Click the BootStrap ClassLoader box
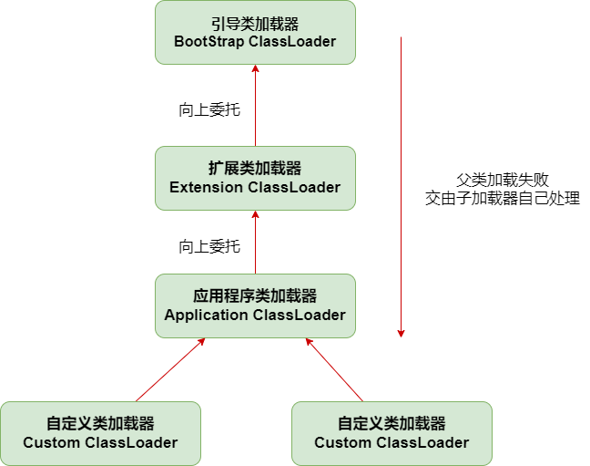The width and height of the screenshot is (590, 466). (x=255, y=32)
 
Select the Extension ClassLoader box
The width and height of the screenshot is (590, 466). (x=255, y=178)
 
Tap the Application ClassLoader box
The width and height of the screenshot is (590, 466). (x=255, y=305)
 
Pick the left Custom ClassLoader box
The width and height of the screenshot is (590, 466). (x=100, y=433)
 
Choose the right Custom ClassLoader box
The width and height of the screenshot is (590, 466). (x=392, y=433)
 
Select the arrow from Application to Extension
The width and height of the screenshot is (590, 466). (x=255, y=242)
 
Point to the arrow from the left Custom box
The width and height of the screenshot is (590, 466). (x=170, y=369)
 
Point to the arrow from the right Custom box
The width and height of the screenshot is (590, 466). (x=334, y=369)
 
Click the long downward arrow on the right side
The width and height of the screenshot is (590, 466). (x=402, y=182)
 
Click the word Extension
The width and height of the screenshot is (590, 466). (x=206, y=187)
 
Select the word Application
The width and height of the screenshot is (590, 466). (x=206, y=315)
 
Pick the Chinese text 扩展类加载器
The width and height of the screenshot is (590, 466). (x=255, y=169)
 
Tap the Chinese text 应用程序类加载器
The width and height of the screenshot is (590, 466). (x=255, y=296)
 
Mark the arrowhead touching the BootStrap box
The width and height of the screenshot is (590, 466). (x=255, y=70)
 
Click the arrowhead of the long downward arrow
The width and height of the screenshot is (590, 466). (x=402, y=333)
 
